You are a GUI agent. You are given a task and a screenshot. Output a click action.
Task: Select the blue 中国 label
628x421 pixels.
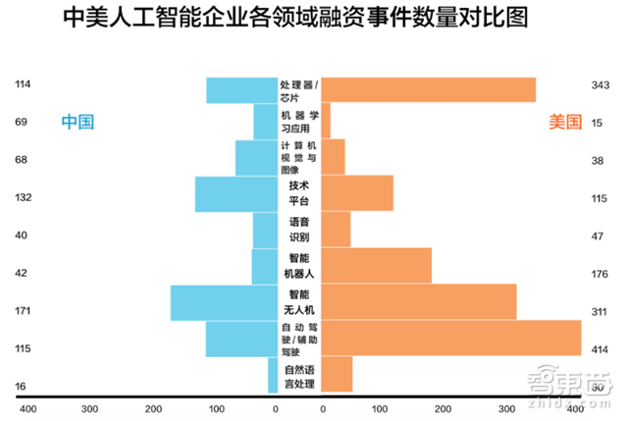pos(78,122)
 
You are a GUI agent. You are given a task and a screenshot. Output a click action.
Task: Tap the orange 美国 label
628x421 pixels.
pos(564,122)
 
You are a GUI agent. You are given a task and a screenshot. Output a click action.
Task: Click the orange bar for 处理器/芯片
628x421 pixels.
pos(428,89)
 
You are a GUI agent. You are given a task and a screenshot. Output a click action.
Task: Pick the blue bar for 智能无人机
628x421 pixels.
pos(225,302)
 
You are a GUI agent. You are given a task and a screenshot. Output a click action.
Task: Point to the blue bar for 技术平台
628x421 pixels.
pos(236,194)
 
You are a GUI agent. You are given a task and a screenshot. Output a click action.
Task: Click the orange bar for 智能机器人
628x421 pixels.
pos(377,265)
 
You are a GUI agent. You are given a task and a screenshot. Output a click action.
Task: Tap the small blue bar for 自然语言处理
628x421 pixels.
pos(273,376)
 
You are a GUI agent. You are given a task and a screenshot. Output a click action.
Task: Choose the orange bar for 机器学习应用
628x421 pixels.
pos(326,122)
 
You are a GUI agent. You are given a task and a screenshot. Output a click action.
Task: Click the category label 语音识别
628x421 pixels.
pos(299,230)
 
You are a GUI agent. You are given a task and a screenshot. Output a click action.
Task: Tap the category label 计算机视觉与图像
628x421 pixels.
pos(299,158)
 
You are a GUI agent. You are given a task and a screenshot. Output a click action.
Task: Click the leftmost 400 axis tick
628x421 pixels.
pos(26,408)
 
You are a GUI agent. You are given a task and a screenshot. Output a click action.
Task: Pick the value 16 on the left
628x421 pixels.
pos(22,387)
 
